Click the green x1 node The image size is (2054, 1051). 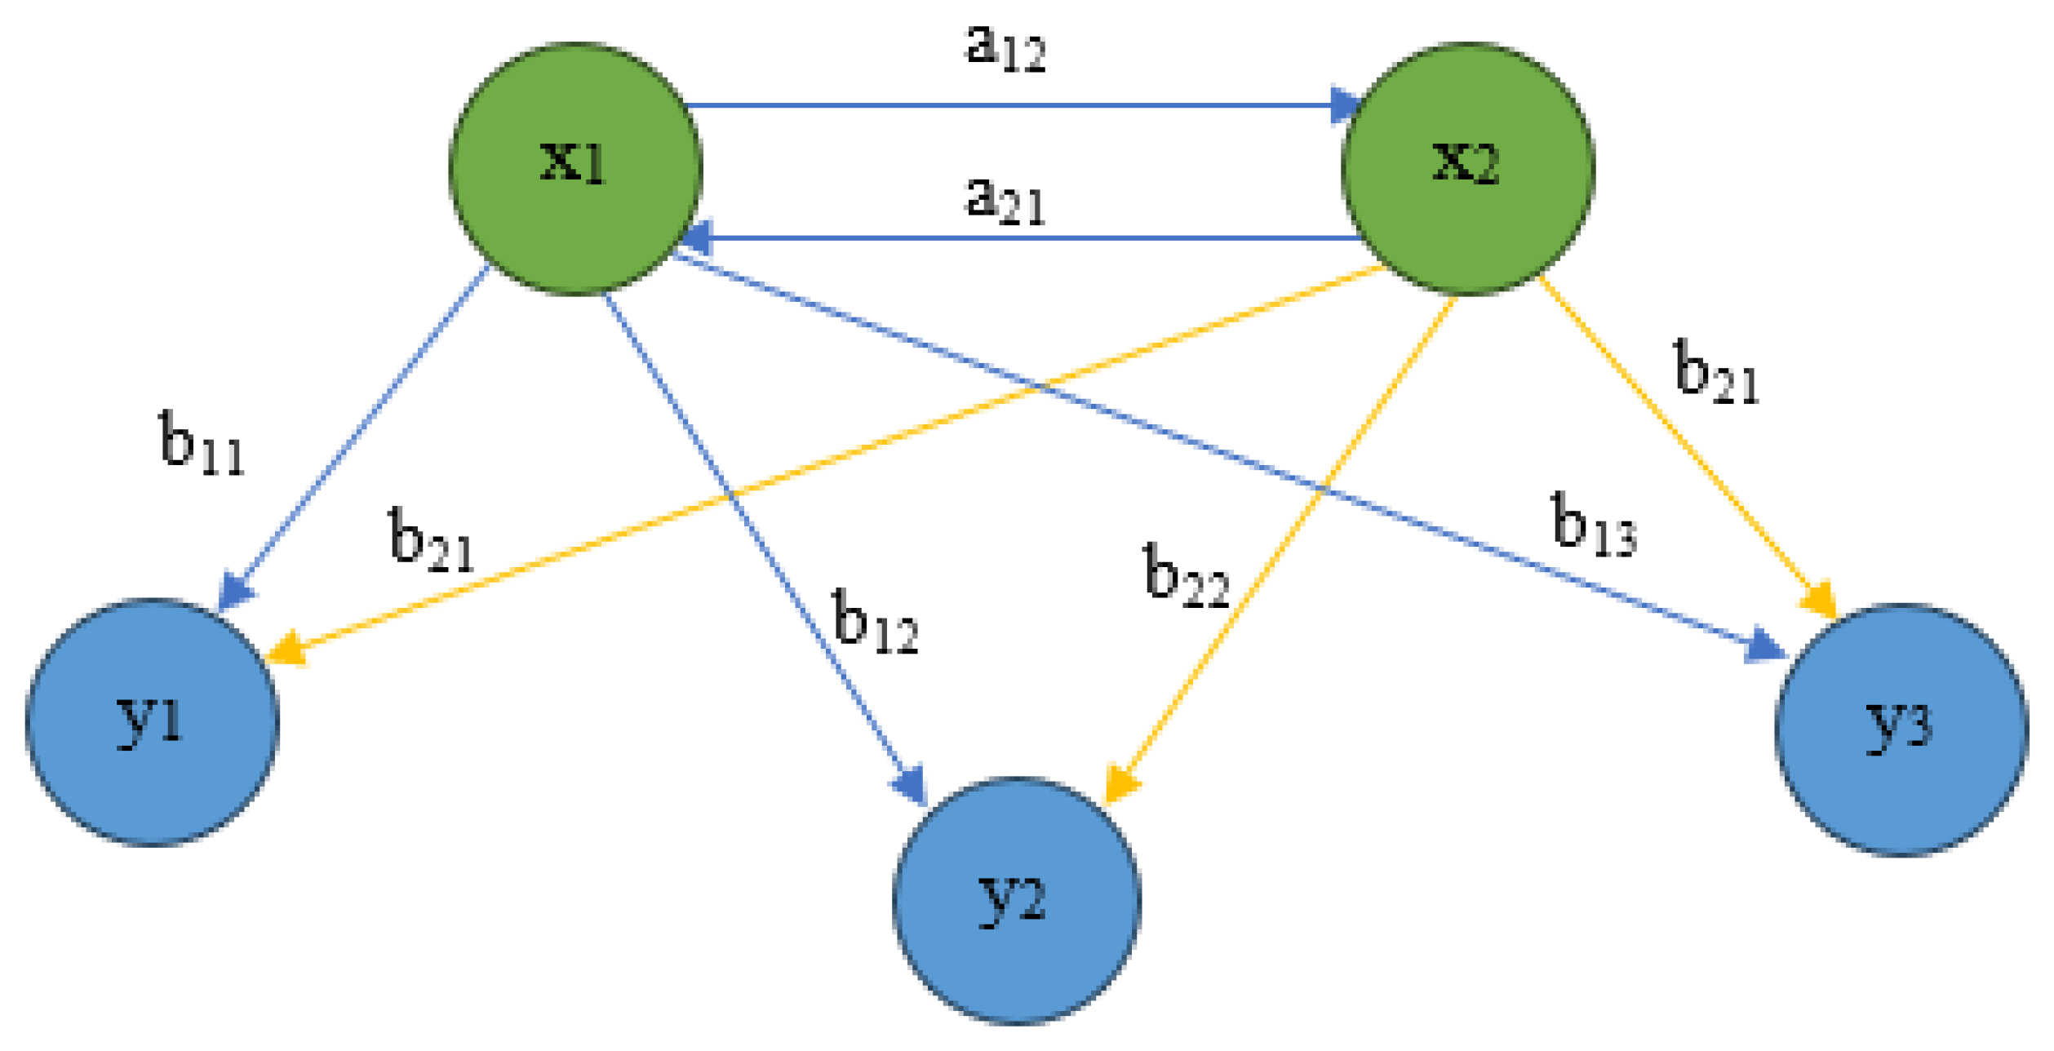point(576,168)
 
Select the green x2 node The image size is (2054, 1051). point(1467,168)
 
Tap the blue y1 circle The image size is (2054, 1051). point(153,723)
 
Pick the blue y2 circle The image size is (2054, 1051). point(1016,901)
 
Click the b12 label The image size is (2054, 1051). point(876,623)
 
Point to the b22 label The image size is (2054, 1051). point(1186,576)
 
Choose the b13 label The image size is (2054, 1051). point(1593,526)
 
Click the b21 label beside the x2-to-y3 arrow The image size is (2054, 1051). point(1716,374)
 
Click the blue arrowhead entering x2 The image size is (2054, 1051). point(1344,105)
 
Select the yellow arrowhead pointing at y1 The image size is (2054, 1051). point(286,650)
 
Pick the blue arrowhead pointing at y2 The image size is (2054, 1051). point(911,786)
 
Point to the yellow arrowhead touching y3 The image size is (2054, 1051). point(1820,601)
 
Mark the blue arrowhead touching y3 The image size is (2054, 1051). point(1767,647)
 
